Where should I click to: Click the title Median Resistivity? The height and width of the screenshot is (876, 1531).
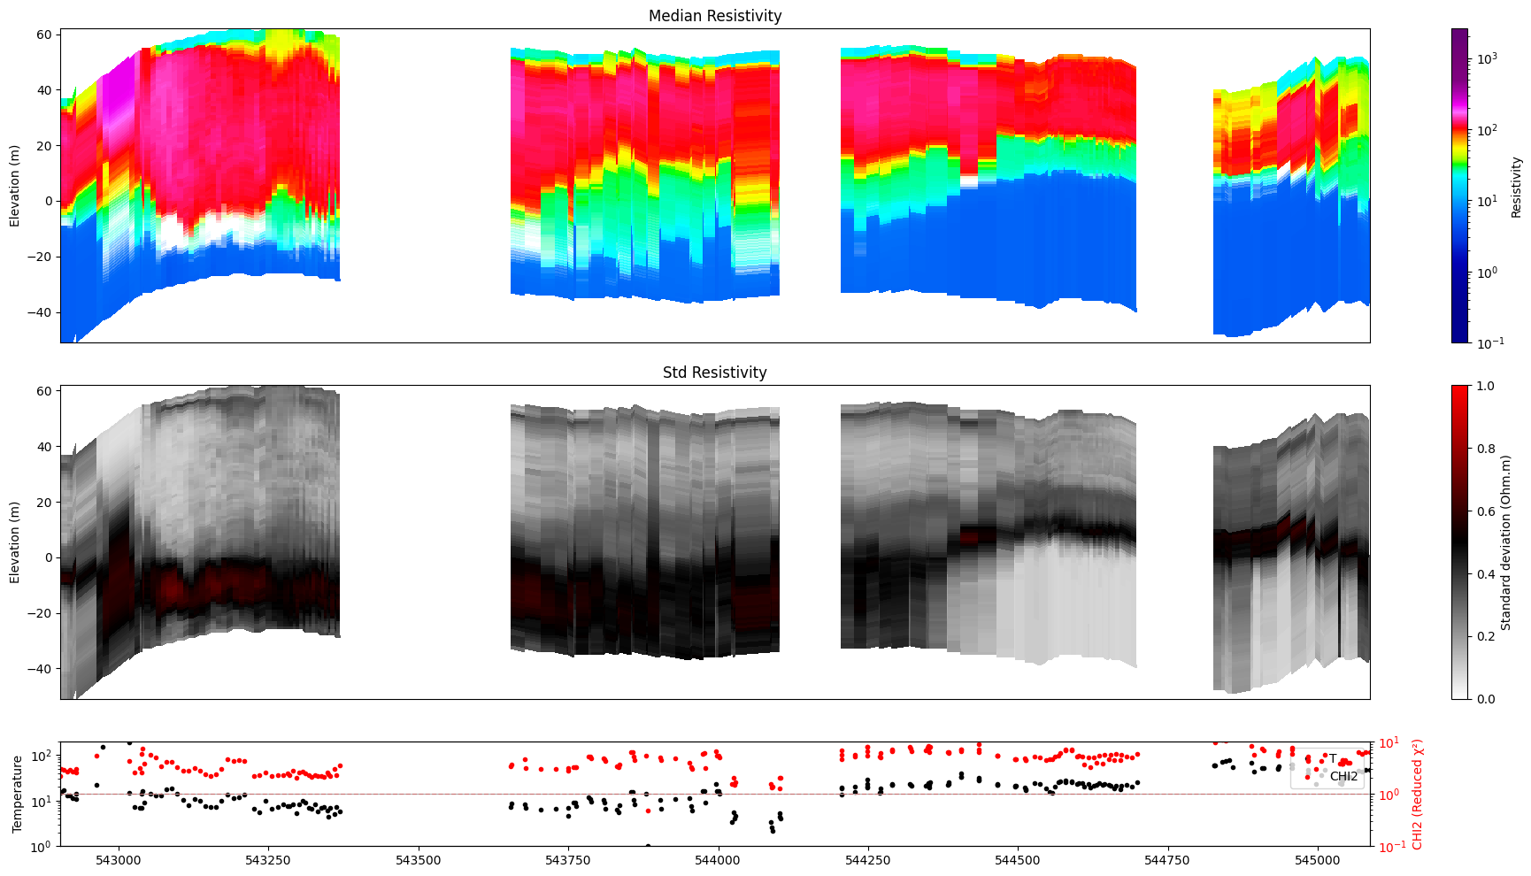pyautogui.click(x=714, y=16)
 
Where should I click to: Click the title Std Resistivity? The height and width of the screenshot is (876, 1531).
pyautogui.click(x=714, y=373)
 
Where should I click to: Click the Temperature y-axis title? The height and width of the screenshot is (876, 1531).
pyautogui.click(x=17, y=794)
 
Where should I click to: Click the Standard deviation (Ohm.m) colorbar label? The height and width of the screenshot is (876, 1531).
pyautogui.click(x=1505, y=542)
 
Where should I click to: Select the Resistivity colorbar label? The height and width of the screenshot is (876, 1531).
pyautogui.click(x=1516, y=187)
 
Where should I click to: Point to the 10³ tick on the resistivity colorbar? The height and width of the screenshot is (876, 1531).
pyautogui.click(x=1487, y=58)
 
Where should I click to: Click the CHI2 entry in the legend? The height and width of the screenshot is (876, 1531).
pyautogui.click(x=1343, y=777)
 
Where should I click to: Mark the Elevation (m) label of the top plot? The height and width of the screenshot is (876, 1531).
pyautogui.click(x=14, y=186)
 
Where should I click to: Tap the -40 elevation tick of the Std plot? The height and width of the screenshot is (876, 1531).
pyautogui.click(x=41, y=669)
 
